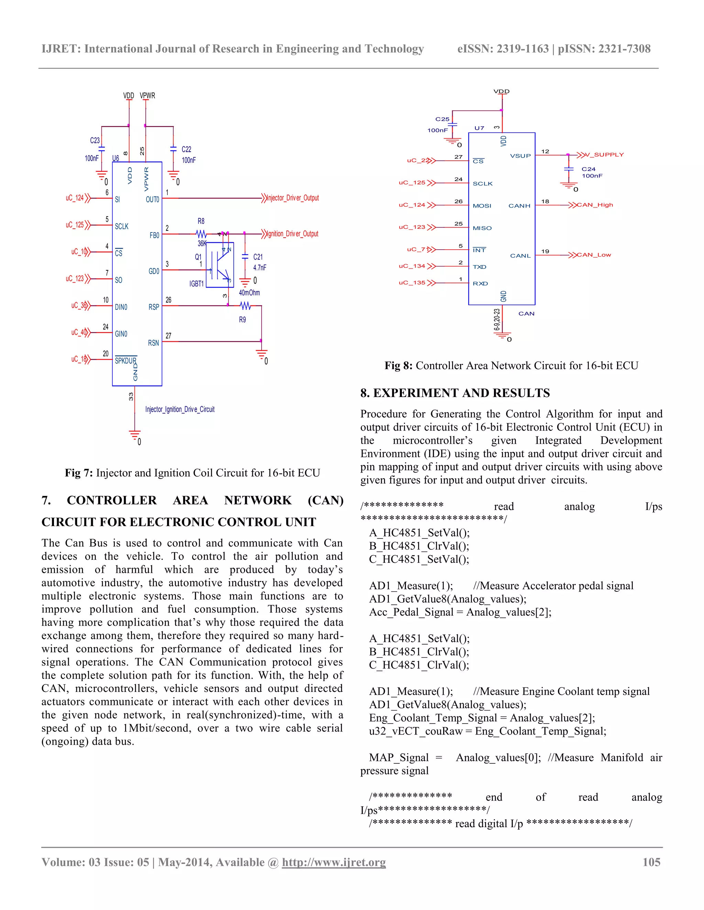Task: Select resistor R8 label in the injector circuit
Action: [201, 221]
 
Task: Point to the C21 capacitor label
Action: [258, 257]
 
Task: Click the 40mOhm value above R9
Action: [250, 293]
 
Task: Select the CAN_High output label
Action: [595, 205]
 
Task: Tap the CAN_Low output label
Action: [594, 255]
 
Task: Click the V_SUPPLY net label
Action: [604, 155]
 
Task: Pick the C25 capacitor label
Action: [442, 119]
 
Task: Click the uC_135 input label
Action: [412, 283]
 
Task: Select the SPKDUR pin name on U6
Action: [125, 361]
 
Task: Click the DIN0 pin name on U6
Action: [121, 307]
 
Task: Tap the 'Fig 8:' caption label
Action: [398, 366]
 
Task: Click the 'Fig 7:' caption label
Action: [79, 473]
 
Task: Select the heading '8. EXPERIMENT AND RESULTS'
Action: [455, 393]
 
